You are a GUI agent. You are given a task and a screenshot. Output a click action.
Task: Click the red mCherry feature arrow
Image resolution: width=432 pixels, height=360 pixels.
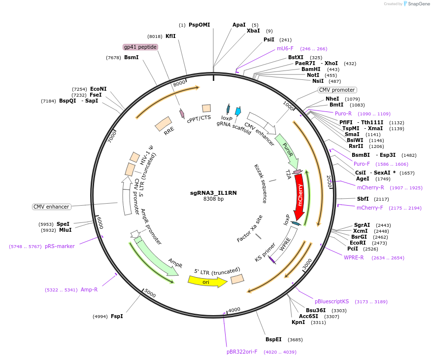coord(299,197)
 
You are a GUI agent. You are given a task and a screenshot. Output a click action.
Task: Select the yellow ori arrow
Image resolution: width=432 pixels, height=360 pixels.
coord(207,281)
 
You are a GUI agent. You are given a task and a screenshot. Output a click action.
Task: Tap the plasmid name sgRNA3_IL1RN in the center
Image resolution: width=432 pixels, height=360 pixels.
coord(214,193)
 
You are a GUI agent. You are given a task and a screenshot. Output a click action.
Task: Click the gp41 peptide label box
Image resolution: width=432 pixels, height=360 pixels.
coord(140,47)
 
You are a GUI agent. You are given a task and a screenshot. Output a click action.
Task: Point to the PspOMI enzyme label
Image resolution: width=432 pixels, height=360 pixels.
coord(199,25)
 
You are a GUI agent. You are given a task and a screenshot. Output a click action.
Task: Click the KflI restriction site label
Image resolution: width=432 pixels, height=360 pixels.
coord(170,36)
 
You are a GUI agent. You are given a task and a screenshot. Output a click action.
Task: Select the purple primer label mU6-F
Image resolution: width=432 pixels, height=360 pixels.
coord(285,48)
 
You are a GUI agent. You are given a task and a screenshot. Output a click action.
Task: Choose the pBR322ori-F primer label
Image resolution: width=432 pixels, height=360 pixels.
coord(242,352)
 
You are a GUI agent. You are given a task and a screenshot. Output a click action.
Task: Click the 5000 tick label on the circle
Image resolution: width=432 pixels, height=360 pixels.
coord(150,295)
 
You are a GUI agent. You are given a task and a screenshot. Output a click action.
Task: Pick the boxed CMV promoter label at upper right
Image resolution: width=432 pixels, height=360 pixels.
coord(336,90)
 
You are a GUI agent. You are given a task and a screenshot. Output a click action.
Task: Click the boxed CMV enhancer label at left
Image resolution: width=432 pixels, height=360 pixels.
coord(51,207)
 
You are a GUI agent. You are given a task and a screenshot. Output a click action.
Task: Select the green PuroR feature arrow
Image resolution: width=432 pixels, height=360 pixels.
coord(287,150)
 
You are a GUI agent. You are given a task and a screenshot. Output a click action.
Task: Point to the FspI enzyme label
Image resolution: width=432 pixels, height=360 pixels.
coord(117,316)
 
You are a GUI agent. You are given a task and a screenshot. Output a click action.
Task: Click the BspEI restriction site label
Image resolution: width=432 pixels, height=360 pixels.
coord(273,339)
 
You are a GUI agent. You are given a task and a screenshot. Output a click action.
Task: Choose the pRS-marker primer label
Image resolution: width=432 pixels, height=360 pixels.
coord(60,246)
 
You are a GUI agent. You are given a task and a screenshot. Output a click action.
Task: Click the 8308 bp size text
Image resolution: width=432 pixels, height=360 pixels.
coord(214,199)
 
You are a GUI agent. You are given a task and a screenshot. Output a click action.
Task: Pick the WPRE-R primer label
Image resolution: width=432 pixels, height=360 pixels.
coord(354,257)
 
